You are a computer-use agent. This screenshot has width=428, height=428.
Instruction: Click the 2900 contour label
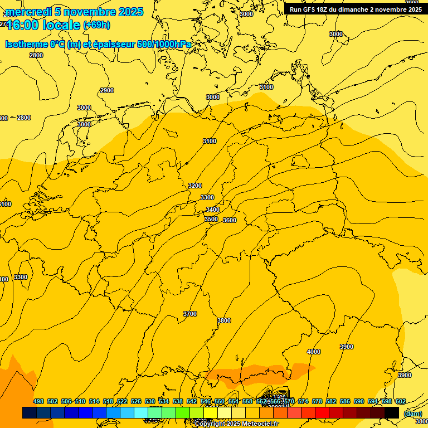106,90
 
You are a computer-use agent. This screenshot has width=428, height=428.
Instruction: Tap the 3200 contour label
195,186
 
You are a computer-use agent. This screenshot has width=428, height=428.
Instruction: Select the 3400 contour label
212,210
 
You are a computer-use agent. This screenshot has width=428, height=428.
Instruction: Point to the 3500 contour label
211,219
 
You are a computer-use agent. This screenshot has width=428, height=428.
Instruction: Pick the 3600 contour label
230,220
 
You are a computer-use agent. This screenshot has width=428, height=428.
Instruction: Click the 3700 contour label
190,314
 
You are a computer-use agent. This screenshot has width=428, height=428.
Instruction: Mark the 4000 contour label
314,352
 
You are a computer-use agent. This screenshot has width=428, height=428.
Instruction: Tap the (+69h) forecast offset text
96,25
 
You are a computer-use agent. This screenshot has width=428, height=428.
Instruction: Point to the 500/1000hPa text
167,45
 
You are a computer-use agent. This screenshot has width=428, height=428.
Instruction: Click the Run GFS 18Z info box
356,9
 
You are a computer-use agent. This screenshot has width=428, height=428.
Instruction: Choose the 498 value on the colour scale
38,401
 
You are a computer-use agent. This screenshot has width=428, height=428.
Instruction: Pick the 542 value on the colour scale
192,401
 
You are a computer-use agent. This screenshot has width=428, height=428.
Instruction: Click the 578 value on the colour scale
317,401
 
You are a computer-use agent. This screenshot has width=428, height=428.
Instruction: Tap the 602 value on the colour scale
401,401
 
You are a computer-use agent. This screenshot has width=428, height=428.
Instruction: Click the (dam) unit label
412,413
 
